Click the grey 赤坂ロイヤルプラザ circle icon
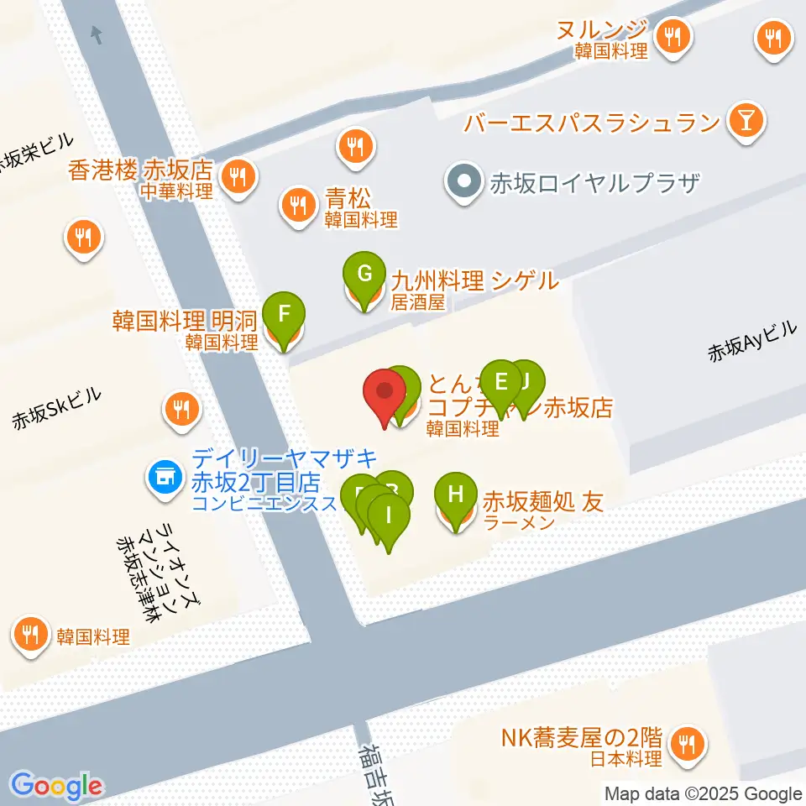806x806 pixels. click(462, 181)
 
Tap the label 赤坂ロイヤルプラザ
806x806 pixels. click(594, 181)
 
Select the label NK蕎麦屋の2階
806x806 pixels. click(582, 738)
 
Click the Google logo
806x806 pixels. click(56, 786)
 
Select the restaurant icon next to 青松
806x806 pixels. click(297, 202)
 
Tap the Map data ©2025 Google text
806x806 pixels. click(704, 793)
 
